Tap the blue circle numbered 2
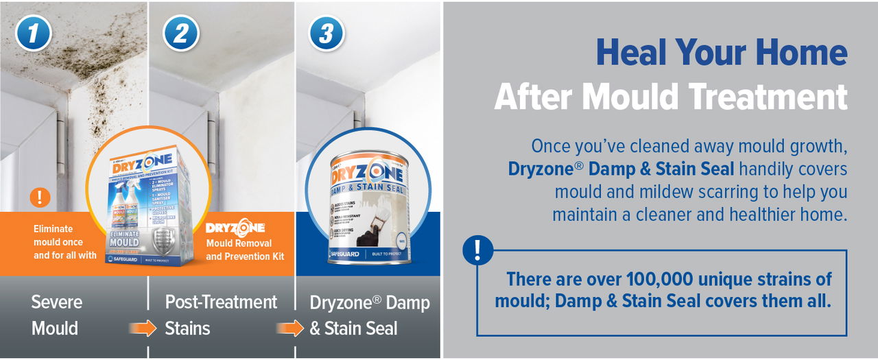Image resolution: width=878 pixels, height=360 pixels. [180, 33]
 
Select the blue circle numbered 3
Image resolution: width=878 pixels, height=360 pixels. [327, 33]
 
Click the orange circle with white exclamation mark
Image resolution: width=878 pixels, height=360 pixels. [40, 197]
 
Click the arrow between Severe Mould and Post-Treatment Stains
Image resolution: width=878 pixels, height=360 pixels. [143, 328]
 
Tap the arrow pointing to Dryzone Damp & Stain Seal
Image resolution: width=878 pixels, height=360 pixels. [289, 328]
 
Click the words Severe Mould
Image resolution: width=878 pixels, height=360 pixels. [57, 315]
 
